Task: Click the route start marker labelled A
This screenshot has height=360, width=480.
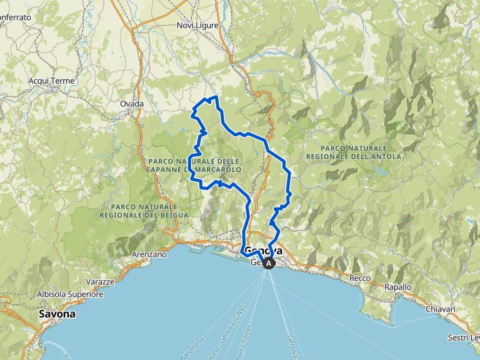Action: (x=269, y=264)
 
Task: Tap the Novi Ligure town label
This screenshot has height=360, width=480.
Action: (x=195, y=25)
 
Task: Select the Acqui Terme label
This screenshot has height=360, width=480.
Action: (x=51, y=81)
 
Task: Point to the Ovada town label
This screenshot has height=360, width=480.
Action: (x=132, y=104)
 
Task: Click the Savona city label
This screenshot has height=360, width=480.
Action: (x=57, y=314)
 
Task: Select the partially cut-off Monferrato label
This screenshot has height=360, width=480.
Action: (x=15, y=18)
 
